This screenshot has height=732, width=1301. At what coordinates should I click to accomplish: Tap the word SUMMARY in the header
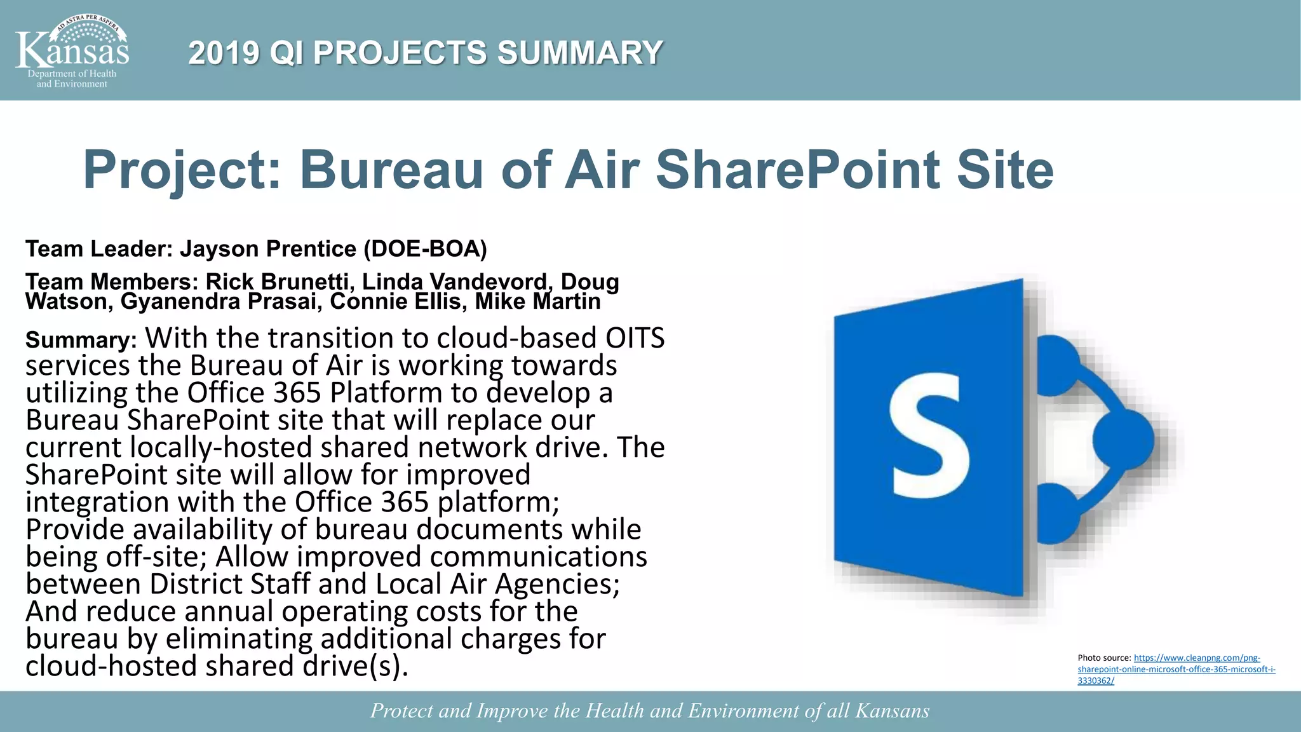pyautogui.click(x=579, y=53)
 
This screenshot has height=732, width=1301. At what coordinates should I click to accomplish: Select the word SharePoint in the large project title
pyautogui.click(x=797, y=170)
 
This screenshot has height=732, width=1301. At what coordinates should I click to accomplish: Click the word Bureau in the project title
pyautogui.click(x=391, y=170)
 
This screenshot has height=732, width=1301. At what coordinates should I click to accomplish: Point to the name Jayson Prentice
pyautogui.click(x=268, y=249)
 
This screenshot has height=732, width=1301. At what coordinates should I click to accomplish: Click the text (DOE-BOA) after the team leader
pyautogui.click(x=425, y=249)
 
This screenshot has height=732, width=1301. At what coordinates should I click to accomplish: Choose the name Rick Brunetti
pyautogui.click(x=277, y=281)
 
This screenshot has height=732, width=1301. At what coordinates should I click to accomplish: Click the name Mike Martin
pyautogui.click(x=537, y=301)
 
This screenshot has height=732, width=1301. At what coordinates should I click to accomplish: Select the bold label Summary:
pyautogui.click(x=81, y=341)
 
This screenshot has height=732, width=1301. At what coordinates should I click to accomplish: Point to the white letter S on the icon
pyautogui.click(x=929, y=436)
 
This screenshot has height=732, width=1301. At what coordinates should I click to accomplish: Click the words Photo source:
pyautogui.click(x=1104, y=658)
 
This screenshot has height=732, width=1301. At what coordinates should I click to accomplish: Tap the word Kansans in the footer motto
pyautogui.click(x=892, y=710)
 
